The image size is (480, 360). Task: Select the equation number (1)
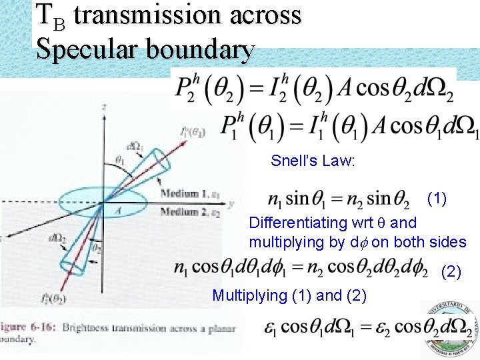(437, 198)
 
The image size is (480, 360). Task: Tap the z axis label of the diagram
(105, 107)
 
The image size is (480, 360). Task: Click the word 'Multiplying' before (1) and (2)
(249, 295)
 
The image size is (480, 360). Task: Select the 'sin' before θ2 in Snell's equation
(379, 199)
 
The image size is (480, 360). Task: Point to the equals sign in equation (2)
(298, 267)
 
